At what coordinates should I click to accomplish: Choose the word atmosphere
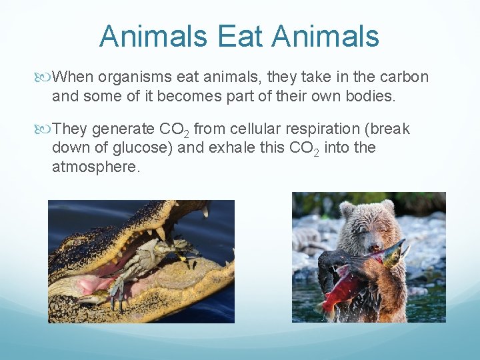point(96,167)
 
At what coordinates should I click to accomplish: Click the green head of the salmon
point(393,251)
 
